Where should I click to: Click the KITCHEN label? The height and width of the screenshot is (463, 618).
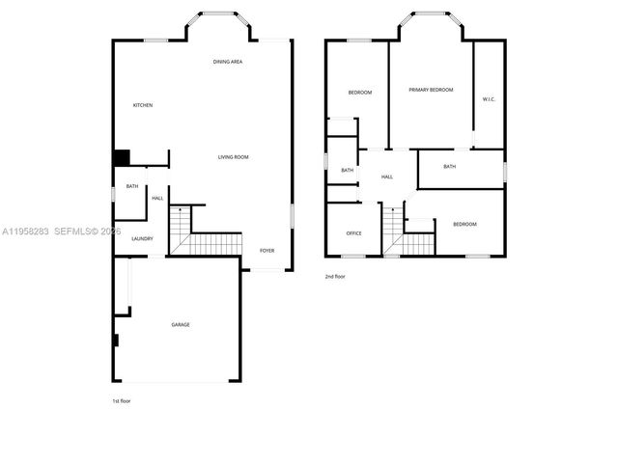143,105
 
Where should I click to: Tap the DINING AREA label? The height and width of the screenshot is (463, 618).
228,62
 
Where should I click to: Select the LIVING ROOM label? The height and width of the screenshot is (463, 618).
234,156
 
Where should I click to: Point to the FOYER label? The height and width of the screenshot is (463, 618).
267,251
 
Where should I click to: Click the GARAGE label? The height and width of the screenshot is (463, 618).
181,325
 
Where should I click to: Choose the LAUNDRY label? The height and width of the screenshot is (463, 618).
142,238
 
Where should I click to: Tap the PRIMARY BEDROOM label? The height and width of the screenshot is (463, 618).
431,90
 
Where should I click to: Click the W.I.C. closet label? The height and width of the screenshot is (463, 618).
489,99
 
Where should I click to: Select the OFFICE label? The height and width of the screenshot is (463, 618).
354,233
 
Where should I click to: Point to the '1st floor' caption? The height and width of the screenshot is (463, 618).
121,400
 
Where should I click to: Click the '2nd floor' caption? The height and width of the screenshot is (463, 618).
335,277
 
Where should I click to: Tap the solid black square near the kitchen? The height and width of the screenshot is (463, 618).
122,158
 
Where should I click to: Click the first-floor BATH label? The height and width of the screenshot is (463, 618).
132,186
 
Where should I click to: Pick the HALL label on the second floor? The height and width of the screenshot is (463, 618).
387,177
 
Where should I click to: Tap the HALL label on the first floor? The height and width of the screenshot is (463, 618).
157,198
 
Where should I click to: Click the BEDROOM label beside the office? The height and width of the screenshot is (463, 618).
464,224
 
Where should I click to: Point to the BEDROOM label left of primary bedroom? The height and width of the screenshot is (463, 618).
360,92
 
